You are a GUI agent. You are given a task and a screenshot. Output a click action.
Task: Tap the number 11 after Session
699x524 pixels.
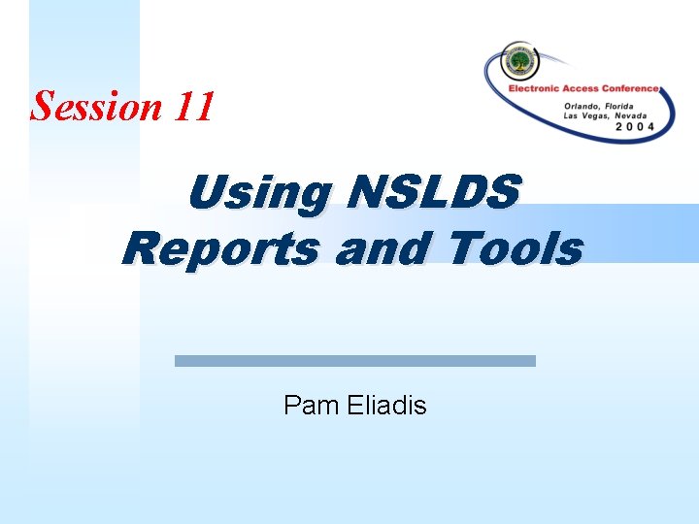coord(195,106)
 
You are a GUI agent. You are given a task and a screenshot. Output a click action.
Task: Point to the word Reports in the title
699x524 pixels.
coord(220,248)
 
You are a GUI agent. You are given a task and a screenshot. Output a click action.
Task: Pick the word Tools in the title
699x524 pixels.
coord(516,248)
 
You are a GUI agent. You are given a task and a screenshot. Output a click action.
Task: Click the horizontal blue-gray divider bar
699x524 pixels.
coord(354,360)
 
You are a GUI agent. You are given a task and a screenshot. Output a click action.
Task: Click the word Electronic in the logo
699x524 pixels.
coord(540,89)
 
